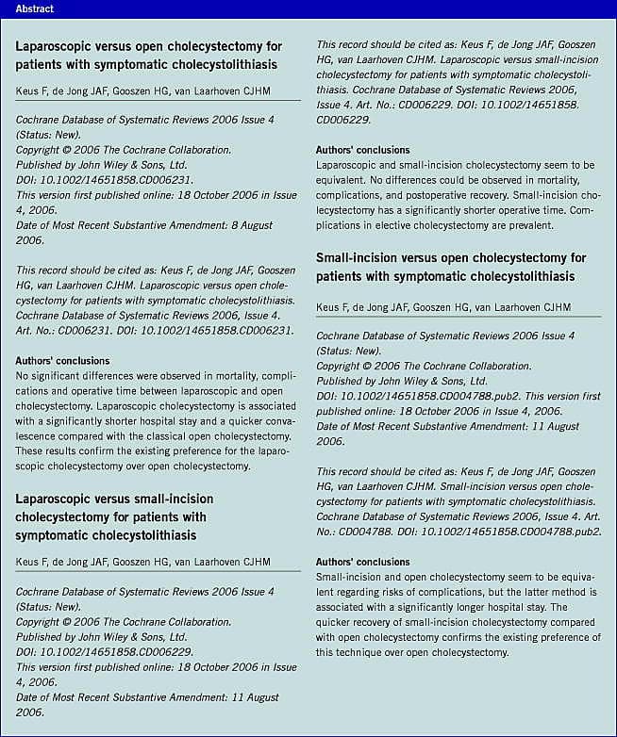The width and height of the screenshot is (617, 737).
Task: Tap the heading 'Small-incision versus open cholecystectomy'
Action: click(x=451, y=267)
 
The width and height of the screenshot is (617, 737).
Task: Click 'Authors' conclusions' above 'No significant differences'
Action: click(x=62, y=361)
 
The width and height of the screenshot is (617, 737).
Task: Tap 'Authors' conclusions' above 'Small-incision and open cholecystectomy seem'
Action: click(x=363, y=562)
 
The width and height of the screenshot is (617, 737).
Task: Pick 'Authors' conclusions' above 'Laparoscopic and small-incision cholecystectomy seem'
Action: click(x=363, y=149)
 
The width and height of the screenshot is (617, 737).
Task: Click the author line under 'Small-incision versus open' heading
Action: click(x=442, y=307)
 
